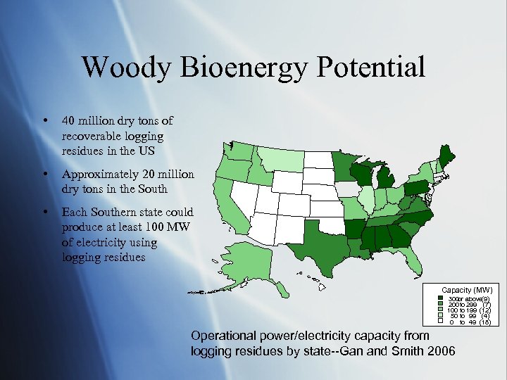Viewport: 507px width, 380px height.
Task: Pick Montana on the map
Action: (x=278, y=161)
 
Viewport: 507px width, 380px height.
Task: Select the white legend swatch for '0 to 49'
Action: (x=441, y=322)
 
